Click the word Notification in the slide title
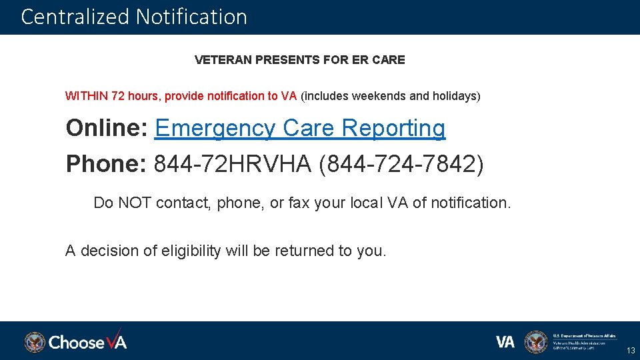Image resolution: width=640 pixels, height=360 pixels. (191, 17)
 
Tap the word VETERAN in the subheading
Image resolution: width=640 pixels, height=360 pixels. (223, 60)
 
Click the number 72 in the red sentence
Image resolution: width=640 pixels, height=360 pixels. (118, 96)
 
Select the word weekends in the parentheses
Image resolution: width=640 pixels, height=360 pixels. (379, 96)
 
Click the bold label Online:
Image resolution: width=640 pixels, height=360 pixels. (107, 128)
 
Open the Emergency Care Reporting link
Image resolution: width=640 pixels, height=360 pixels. (300, 128)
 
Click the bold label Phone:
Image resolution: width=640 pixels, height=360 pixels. (107, 164)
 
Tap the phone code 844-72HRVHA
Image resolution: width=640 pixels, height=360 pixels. (233, 164)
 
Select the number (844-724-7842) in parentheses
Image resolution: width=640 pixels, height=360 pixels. (402, 164)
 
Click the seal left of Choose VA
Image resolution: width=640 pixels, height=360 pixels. (35, 342)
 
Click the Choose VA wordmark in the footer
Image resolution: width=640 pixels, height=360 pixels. (87, 342)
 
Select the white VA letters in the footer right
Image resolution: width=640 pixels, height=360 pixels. (505, 342)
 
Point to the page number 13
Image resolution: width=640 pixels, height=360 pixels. (630, 351)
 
